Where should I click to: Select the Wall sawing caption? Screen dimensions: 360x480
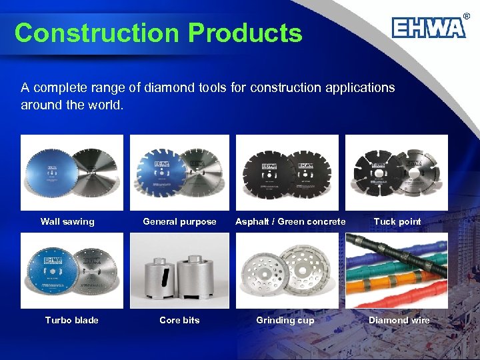tap(67, 221)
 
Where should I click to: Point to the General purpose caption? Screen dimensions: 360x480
tap(179, 221)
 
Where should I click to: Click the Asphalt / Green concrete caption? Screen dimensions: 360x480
tap(290, 221)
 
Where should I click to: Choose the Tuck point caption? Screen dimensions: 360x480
tap(397, 221)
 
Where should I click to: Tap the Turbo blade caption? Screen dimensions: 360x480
tap(71, 320)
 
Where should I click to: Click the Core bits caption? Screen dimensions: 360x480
tap(179, 320)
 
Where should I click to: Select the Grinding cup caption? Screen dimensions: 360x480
tap(285, 320)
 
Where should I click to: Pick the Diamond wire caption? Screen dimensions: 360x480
tap(399, 320)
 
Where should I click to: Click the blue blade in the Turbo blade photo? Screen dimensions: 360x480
tap(50, 273)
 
